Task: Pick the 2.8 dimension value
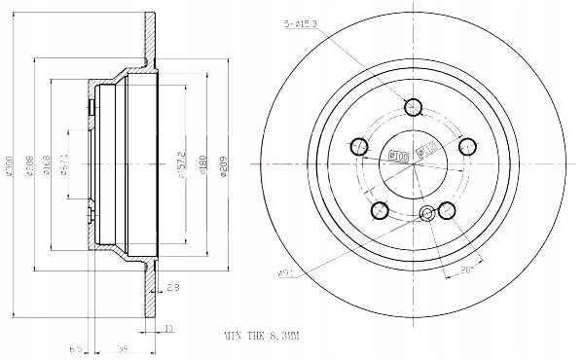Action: click(x=173, y=288)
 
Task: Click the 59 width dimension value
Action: click(x=124, y=346)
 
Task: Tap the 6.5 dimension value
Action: click(x=75, y=346)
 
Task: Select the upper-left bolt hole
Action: click(x=359, y=147)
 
